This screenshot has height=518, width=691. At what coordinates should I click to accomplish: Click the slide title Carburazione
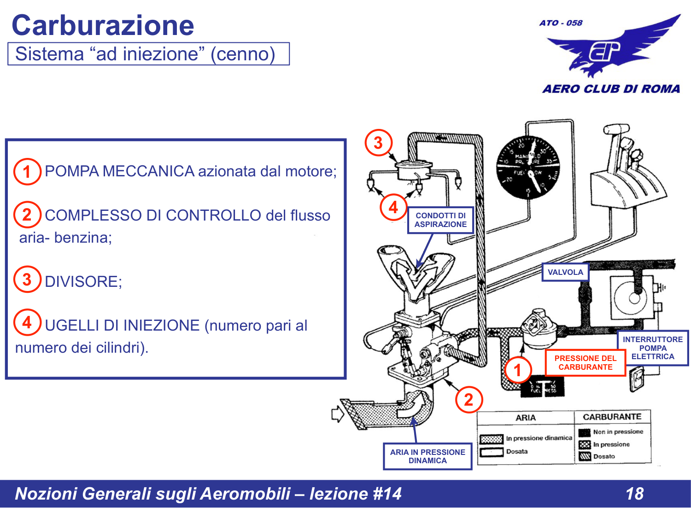pyautogui.click(x=103, y=25)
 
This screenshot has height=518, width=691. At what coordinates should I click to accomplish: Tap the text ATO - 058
pyautogui.click(x=561, y=23)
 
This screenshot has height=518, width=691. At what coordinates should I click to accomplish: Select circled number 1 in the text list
pyautogui.click(x=27, y=172)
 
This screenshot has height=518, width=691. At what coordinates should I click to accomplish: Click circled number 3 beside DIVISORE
pyautogui.click(x=27, y=279)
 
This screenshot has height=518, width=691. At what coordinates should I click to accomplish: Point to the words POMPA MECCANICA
pyautogui.click(x=119, y=171)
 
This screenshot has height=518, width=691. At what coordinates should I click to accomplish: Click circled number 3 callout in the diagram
pyautogui.click(x=378, y=143)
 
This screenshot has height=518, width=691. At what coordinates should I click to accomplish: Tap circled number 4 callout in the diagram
pyautogui.click(x=393, y=207)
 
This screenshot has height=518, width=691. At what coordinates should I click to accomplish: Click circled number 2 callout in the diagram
pyautogui.click(x=468, y=400)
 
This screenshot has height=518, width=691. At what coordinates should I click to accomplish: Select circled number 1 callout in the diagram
pyautogui.click(x=517, y=370)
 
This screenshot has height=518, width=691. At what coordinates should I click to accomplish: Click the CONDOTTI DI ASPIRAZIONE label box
pyautogui.click(x=440, y=220)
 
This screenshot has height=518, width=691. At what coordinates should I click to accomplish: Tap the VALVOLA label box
pyautogui.click(x=565, y=272)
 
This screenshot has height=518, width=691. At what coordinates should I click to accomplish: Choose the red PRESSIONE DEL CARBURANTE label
pyautogui.click(x=585, y=363)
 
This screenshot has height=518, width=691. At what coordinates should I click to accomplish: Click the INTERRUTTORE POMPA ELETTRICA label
pyautogui.click(x=652, y=348)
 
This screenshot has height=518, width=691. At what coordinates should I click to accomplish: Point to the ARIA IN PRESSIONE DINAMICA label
pyautogui.click(x=427, y=456)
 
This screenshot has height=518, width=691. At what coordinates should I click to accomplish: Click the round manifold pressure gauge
pyautogui.click(x=528, y=167)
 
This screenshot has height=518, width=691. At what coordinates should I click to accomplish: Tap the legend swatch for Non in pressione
pyautogui.click(x=585, y=432)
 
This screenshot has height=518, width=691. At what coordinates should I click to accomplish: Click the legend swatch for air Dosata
pyautogui.click(x=491, y=452)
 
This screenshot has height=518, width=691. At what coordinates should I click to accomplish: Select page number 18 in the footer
pyautogui.click(x=634, y=494)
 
